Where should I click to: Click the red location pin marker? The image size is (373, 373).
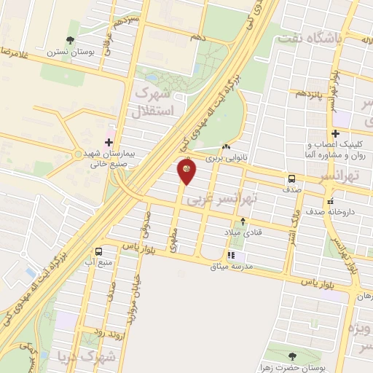(x=186, y=172)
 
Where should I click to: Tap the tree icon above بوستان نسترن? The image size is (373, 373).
(x=70, y=41)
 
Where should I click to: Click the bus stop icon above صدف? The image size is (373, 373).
(x=291, y=178)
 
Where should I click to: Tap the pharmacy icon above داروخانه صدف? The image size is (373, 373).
(x=331, y=200)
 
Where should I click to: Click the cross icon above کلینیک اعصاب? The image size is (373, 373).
(x=335, y=133)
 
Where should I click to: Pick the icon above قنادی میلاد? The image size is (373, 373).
(x=243, y=221)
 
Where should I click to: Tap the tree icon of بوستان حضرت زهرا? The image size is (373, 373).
(x=293, y=356)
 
